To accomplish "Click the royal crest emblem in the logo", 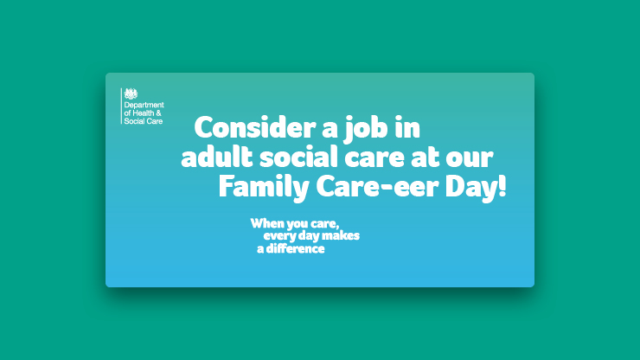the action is pyautogui.click(x=131, y=94).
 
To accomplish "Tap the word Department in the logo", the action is pyautogui.click(x=144, y=105).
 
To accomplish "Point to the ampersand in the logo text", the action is pyautogui.click(x=159, y=113).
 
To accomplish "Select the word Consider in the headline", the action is pyautogui.click(x=255, y=127).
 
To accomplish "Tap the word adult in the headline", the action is pyautogui.click(x=217, y=157).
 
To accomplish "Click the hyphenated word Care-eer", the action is pyautogui.click(x=377, y=187).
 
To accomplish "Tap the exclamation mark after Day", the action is pyautogui.click(x=502, y=186).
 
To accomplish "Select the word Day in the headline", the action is pyautogui.click(x=471, y=188).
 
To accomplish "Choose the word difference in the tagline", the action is pyautogui.click(x=296, y=248).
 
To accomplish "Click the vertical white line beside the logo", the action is pyautogui.click(x=121, y=106).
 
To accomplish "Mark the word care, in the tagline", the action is pyautogui.click(x=325, y=224).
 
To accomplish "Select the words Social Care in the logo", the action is pyautogui.click(x=144, y=121).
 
